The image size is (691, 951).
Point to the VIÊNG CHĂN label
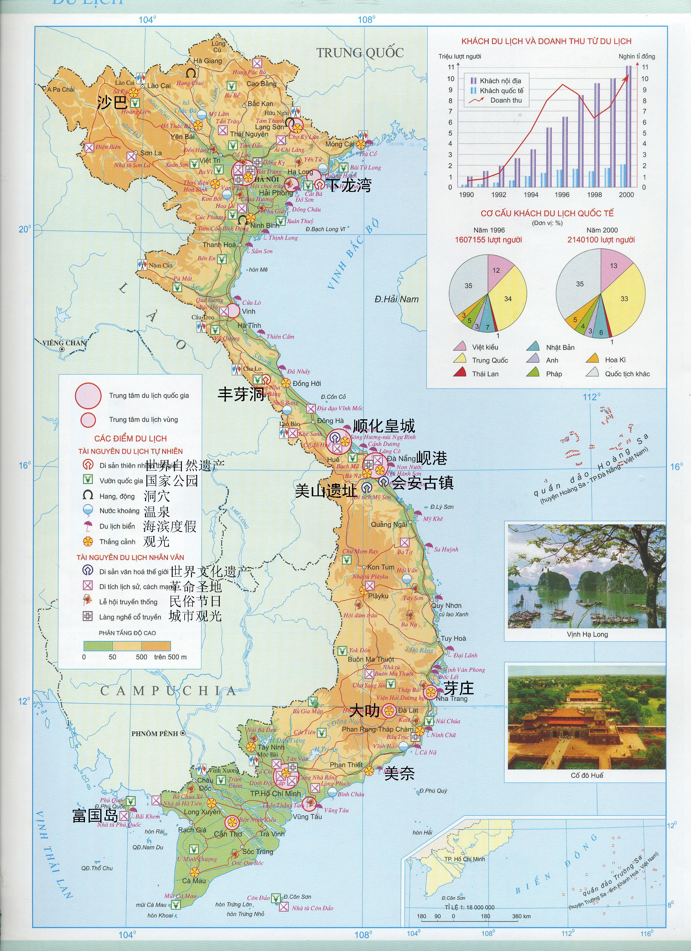tap(64, 343)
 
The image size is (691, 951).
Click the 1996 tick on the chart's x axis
tap(562, 195)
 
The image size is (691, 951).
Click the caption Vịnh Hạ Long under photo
tap(587, 634)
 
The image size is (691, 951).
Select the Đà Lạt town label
tap(408, 710)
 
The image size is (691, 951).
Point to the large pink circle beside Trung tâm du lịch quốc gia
tap(88, 395)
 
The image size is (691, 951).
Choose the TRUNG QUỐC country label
tap(360, 53)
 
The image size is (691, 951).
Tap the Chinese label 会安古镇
tap(423, 483)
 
